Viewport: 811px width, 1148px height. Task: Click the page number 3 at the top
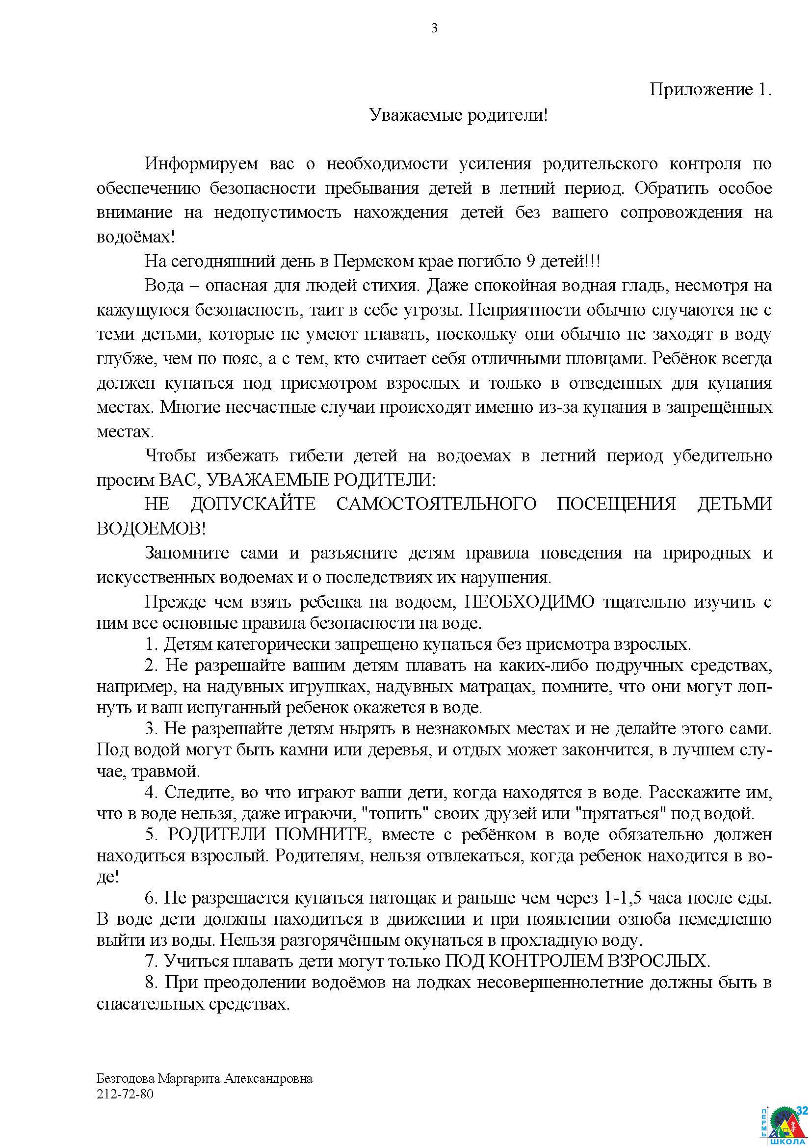(434, 28)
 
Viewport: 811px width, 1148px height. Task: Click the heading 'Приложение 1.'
(710, 89)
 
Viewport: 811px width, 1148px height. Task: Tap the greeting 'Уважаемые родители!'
(458, 115)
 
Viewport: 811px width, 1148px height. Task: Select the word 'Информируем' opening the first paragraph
(201, 163)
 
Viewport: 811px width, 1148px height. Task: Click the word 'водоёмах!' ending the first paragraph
(135, 237)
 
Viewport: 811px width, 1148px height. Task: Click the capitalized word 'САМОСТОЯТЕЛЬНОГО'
(436, 504)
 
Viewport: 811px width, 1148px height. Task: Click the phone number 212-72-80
(125, 1094)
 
